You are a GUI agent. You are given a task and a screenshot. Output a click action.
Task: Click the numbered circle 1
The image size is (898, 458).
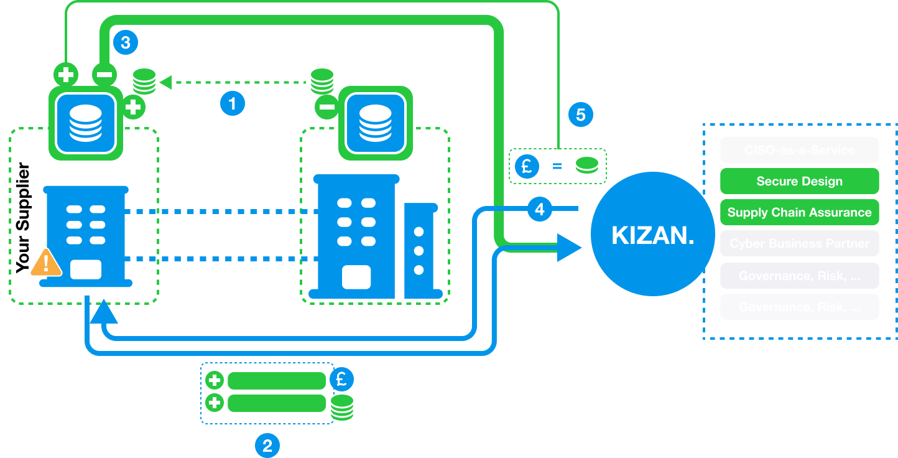(x=233, y=103)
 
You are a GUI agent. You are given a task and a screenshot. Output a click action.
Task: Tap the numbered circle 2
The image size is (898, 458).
(x=267, y=446)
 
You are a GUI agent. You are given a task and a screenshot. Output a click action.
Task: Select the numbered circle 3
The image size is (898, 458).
(x=126, y=42)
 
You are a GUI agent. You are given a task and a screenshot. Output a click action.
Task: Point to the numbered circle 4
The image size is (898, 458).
(x=540, y=210)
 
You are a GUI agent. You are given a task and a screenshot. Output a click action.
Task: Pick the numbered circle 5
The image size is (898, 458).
(x=581, y=115)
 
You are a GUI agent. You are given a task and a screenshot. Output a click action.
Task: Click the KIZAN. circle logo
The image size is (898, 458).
(x=652, y=235)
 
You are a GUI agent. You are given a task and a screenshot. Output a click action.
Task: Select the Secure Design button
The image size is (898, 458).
(x=799, y=181)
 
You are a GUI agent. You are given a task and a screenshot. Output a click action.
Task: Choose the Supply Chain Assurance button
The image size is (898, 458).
(x=799, y=212)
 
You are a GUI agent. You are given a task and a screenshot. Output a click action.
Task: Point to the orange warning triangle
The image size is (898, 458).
(x=46, y=263)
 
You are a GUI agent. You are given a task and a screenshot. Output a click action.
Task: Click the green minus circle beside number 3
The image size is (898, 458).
(x=104, y=75)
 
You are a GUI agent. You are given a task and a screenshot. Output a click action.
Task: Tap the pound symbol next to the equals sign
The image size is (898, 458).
(x=527, y=166)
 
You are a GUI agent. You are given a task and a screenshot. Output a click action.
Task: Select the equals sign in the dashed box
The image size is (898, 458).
(x=558, y=167)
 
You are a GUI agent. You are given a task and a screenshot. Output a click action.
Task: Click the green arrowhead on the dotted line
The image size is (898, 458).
(x=165, y=82)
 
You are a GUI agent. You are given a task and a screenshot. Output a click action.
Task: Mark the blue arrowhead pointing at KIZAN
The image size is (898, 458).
(x=568, y=248)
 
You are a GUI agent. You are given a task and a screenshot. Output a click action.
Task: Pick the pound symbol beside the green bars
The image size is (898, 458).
(x=341, y=379)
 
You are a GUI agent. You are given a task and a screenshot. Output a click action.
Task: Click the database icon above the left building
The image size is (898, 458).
(x=86, y=123)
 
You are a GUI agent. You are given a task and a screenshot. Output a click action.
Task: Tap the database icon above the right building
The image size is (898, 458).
(x=376, y=123)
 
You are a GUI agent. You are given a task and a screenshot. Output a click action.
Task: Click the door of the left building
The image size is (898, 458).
(x=86, y=269)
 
